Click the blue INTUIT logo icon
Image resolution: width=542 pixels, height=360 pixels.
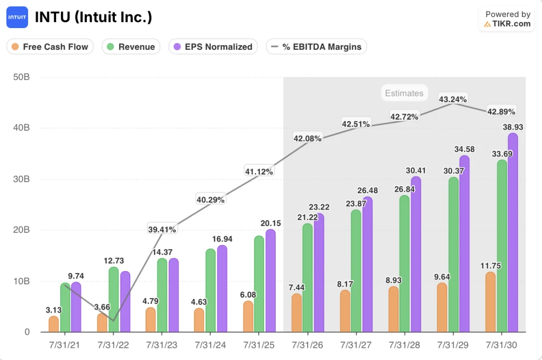click(17, 17)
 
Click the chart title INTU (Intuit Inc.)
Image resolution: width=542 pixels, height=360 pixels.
click(93, 17)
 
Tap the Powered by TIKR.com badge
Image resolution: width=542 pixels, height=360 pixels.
click(507, 19)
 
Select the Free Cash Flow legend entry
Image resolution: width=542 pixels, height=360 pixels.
click(50, 47)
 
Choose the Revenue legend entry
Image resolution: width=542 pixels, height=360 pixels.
click(131, 47)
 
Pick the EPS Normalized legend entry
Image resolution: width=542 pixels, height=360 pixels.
click(213, 47)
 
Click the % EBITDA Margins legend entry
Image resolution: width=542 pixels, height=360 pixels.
click(316, 47)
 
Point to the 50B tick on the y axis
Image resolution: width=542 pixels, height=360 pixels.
click(21, 77)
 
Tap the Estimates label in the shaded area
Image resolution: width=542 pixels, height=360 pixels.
click(404, 93)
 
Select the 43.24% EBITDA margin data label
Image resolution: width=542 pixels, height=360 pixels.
click(453, 100)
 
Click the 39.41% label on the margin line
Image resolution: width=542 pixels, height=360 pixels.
click(162, 229)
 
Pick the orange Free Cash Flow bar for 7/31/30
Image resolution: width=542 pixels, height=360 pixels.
click(491, 302)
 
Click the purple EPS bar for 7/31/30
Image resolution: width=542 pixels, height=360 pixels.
click(512, 233)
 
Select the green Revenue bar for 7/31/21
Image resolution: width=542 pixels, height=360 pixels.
click(65, 308)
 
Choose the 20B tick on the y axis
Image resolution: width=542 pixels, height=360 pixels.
click(21, 230)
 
